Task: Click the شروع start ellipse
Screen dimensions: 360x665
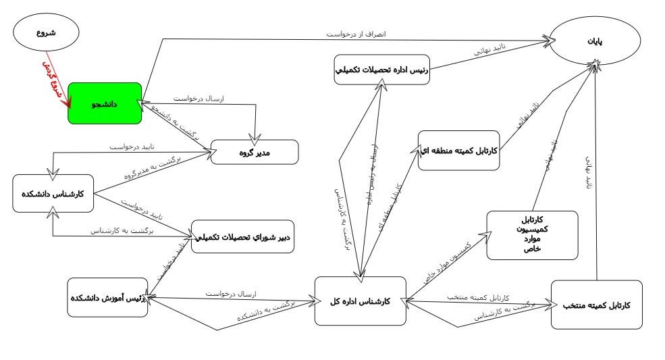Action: pyautogui.click(x=46, y=34)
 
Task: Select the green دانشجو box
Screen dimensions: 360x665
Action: pyautogui.click(x=105, y=103)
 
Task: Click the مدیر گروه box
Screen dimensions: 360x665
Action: pyautogui.click(x=255, y=152)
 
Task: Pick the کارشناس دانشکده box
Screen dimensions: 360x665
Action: pyautogui.click(x=53, y=194)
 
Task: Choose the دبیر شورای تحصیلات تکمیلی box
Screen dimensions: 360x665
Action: pyautogui.click(x=243, y=237)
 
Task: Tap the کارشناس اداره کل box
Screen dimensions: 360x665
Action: pyautogui.click(x=361, y=301)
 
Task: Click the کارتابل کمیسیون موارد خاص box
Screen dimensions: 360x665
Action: pyautogui.click(x=532, y=235)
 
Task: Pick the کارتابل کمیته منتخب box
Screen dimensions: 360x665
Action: pyautogui.click(x=595, y=305)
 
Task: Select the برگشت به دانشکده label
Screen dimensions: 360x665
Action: pyautogui.click(x=260, y=312)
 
